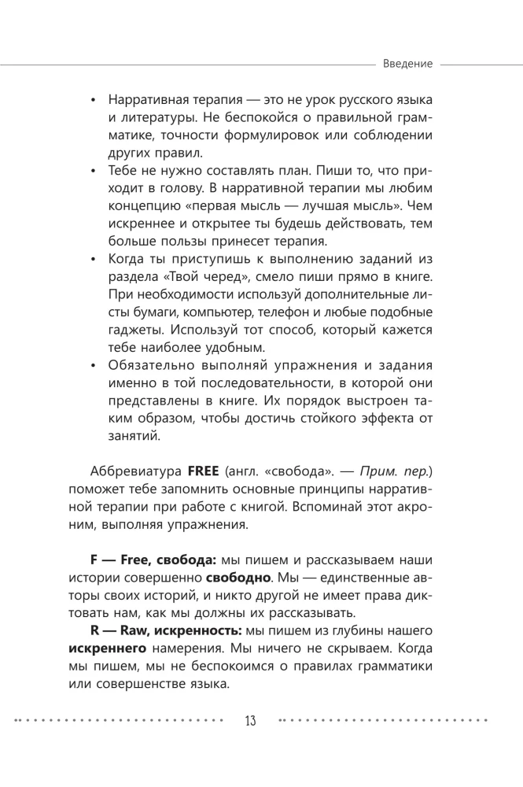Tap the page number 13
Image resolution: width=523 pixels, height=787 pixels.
click(251, 720)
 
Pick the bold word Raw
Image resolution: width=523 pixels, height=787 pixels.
click(141, 633)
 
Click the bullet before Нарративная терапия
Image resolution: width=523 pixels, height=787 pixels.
click(94, 105)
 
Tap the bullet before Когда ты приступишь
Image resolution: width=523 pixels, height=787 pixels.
click(94, 259)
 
